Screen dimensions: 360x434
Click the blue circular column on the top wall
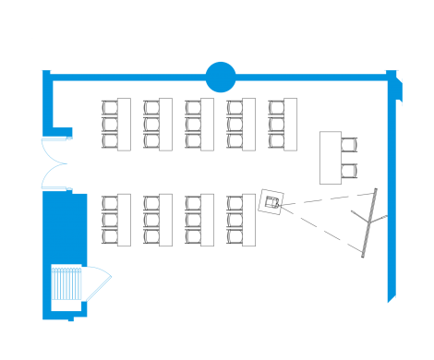pos(220,77)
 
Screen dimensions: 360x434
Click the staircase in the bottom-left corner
pos(66,287)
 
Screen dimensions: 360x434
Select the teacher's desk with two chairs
pos(331,157)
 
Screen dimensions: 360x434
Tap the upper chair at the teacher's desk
pos(349,144)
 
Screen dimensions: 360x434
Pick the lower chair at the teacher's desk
pos(349,170)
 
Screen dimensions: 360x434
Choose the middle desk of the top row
pos(207,124)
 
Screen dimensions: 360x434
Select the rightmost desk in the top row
pos(289,124)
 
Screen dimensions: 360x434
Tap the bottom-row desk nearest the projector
pos(248,220)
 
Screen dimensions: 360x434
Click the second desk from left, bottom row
pos(165,220)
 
